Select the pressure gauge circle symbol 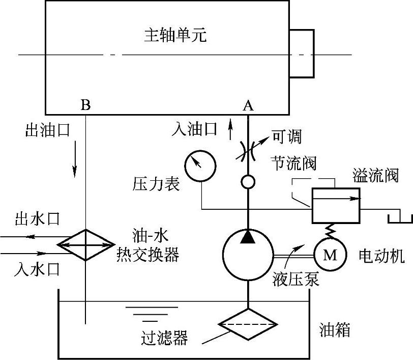[x=200, y=165]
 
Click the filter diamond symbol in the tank [x=248, y=325]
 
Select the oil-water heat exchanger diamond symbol [x=86, y=245]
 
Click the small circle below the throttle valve [x=248, y=181]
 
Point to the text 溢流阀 [x=375, y=176]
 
